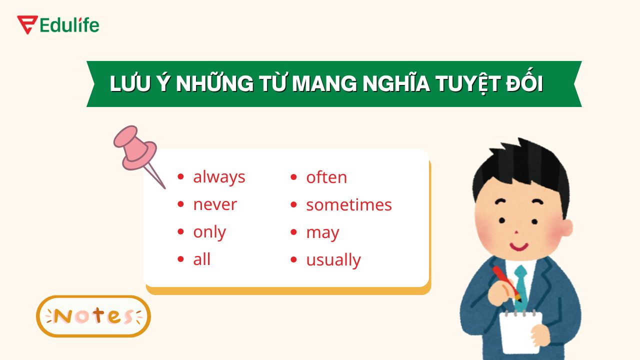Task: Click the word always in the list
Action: (x=219, y=177)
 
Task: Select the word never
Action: (x=214, y=204)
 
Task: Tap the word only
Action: (x=209, y=232)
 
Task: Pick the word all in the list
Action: (x=201, y=259)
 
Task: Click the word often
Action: (x=326, y=177)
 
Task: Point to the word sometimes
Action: (x=348, y=205)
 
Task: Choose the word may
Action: (x=322, y=233)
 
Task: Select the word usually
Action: (x=333, y=260)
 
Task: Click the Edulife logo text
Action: (x=69, y=25)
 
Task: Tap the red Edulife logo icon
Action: (x=27, y=24)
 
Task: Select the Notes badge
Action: (x=93, y=316)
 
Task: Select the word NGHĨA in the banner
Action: (x=396, y=84)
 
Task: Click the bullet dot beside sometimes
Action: (x=295, y=205)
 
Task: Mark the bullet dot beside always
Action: (x=181, y=177)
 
